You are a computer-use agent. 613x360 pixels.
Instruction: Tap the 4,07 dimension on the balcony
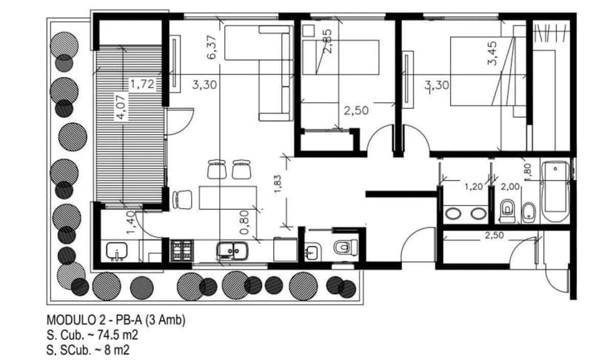121,105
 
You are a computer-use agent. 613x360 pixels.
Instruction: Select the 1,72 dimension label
141,84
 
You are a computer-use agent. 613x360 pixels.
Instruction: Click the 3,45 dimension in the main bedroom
492,54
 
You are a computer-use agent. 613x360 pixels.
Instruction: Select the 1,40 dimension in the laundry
131,223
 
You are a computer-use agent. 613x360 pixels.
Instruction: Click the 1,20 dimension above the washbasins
473,187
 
